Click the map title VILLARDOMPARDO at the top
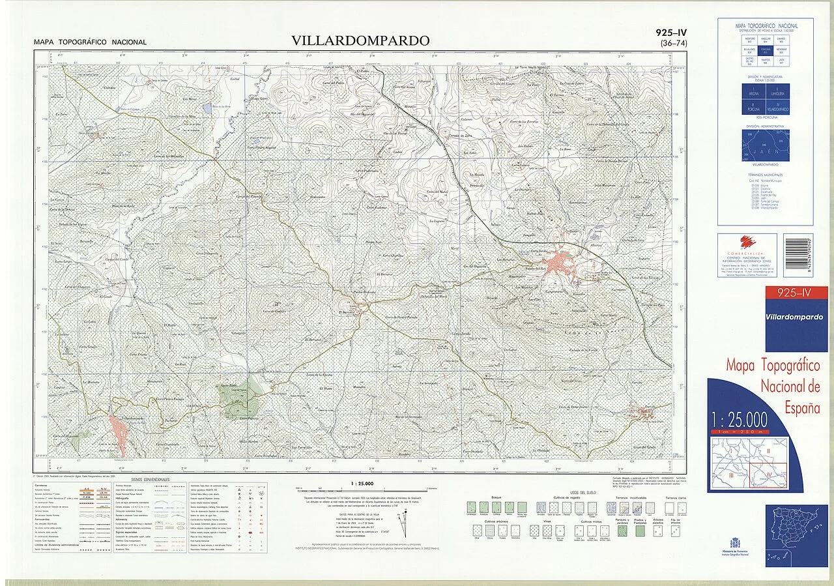coord(360,40)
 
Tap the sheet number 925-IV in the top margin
coord(671,33)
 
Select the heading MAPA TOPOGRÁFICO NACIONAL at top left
coord(90,42)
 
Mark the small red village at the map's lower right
coord(642,413)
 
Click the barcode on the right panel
coord(798,256)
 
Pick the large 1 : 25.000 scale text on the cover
coord(738,419)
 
